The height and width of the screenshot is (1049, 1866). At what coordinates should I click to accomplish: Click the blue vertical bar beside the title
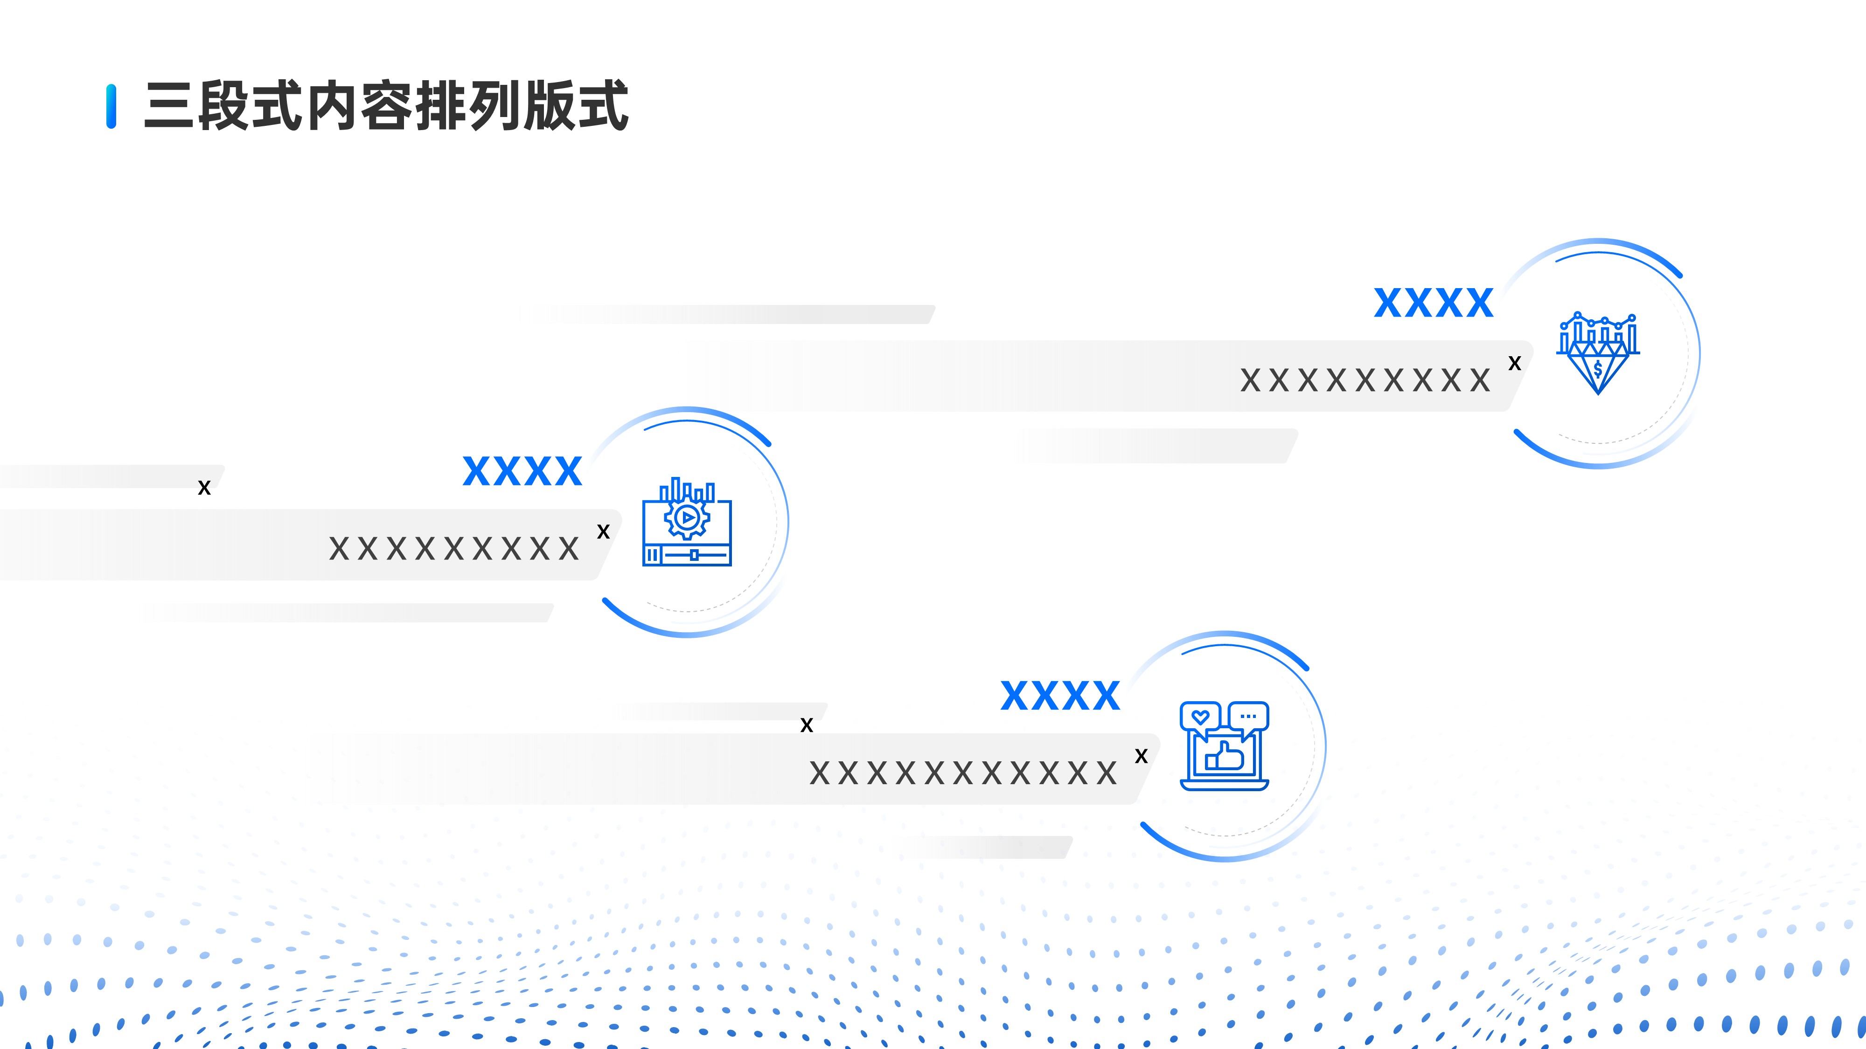111,106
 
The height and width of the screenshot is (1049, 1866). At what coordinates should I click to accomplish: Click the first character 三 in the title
169,106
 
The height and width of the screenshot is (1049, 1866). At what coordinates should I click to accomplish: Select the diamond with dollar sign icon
1598,354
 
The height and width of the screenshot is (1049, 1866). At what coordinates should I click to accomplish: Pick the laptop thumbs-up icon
1224,745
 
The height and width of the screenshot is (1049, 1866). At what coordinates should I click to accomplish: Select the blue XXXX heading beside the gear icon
522,471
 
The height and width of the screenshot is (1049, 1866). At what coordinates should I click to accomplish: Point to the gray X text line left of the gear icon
454,549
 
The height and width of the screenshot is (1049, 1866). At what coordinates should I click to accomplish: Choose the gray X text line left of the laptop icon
963,773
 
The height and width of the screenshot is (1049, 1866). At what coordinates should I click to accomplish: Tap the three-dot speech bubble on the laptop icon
1248,716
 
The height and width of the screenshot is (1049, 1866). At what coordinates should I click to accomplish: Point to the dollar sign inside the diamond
1598,370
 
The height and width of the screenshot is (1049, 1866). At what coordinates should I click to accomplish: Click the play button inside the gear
687,518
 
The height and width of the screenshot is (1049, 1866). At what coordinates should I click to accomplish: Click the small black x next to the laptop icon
1142,757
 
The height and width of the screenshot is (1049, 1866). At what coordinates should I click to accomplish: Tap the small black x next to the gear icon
603,532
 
